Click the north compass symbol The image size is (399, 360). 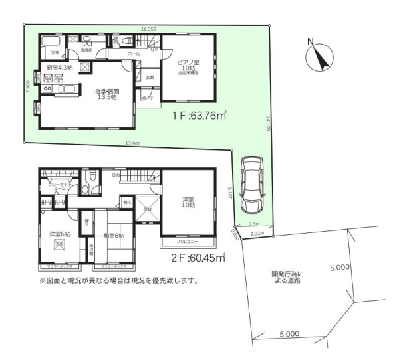tap(321, 57)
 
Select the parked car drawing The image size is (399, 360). tap(253, 181)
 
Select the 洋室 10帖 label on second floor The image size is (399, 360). tap(188, 203)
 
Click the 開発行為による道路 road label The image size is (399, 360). tap(287, 277)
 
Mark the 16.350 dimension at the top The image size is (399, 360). tap(148, 29)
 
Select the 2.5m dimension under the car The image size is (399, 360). tap(254, 224)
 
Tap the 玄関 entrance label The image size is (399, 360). tap(150, 78)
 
